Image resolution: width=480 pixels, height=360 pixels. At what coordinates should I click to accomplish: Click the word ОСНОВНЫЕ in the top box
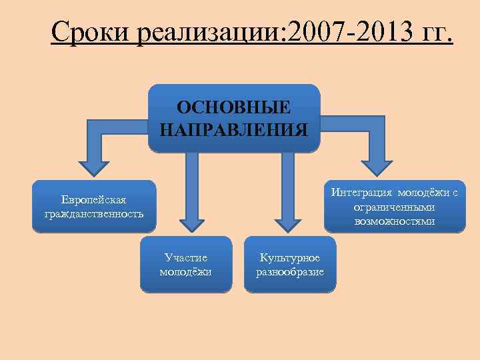pyautogui.click(x=233, y=107)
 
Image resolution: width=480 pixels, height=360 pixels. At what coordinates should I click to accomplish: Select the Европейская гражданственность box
pyautogui.click(x=94, y=207)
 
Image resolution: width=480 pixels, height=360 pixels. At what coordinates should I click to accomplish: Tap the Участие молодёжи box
pyautogui.click(x=186, y=264)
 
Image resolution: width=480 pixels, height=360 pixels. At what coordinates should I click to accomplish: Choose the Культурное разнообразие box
pyautogui.click(x=290, y=264)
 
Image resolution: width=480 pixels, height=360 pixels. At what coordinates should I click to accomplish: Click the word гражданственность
pyautogui.click(x=94, y=214)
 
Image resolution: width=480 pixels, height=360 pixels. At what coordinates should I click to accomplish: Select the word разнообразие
pyautogui.click(x=290, y=271)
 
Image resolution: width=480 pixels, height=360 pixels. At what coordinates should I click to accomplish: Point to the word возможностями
pyautogui.click(x=395, y=221)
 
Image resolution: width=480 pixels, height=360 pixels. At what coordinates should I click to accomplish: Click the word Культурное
pyautogui.click(x=290, y=257)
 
